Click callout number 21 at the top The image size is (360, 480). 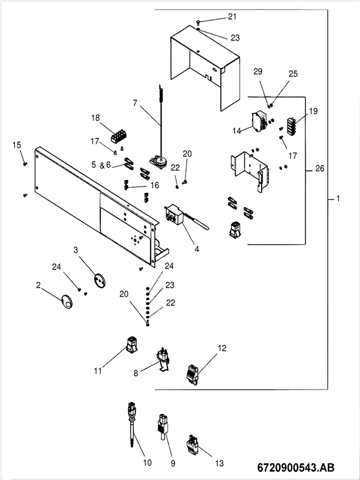click(x=232, y=16)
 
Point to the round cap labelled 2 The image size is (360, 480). click(x=68, y=302)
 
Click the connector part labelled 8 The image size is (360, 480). click(x=162, y=358)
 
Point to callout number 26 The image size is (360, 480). click(x=320, y=169)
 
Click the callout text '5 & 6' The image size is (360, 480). click(x=101, y=164)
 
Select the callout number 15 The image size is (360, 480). click(x=16, y=145)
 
